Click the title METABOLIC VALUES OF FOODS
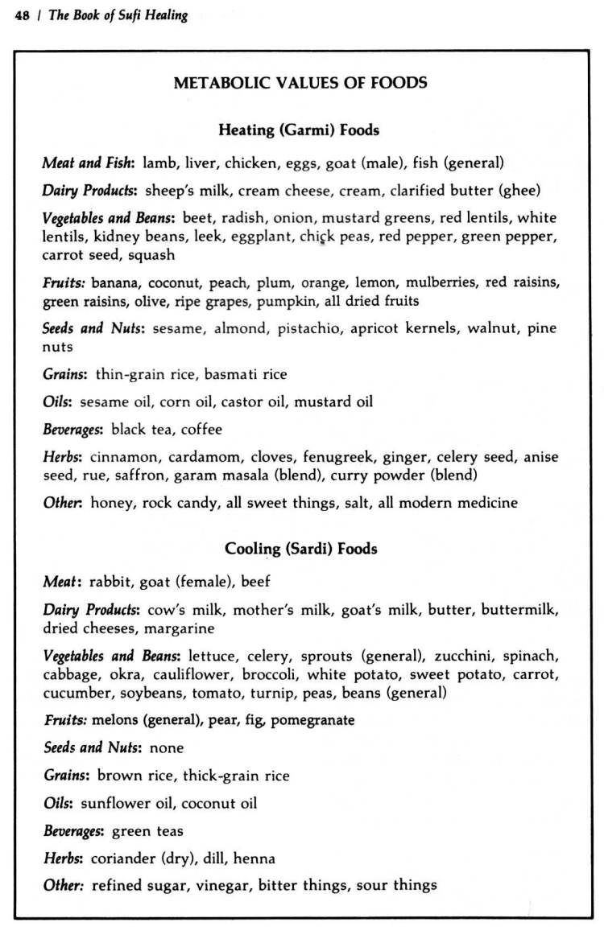click(300, 83)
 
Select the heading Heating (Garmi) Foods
click(299, 130)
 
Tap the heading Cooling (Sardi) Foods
click(300, 549)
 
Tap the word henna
click(254, 858)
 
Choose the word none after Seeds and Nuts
click(167, 748)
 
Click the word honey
click(111, 503)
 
